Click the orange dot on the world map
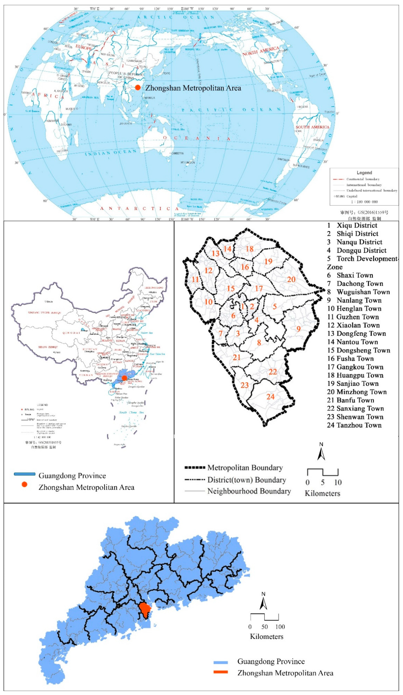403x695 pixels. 138,88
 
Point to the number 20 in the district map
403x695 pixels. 291,279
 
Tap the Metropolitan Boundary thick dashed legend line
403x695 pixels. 195,467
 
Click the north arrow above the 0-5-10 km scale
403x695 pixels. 321,452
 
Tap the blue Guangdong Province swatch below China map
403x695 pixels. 25,474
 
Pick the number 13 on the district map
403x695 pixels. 215,253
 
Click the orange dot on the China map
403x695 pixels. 124,378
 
